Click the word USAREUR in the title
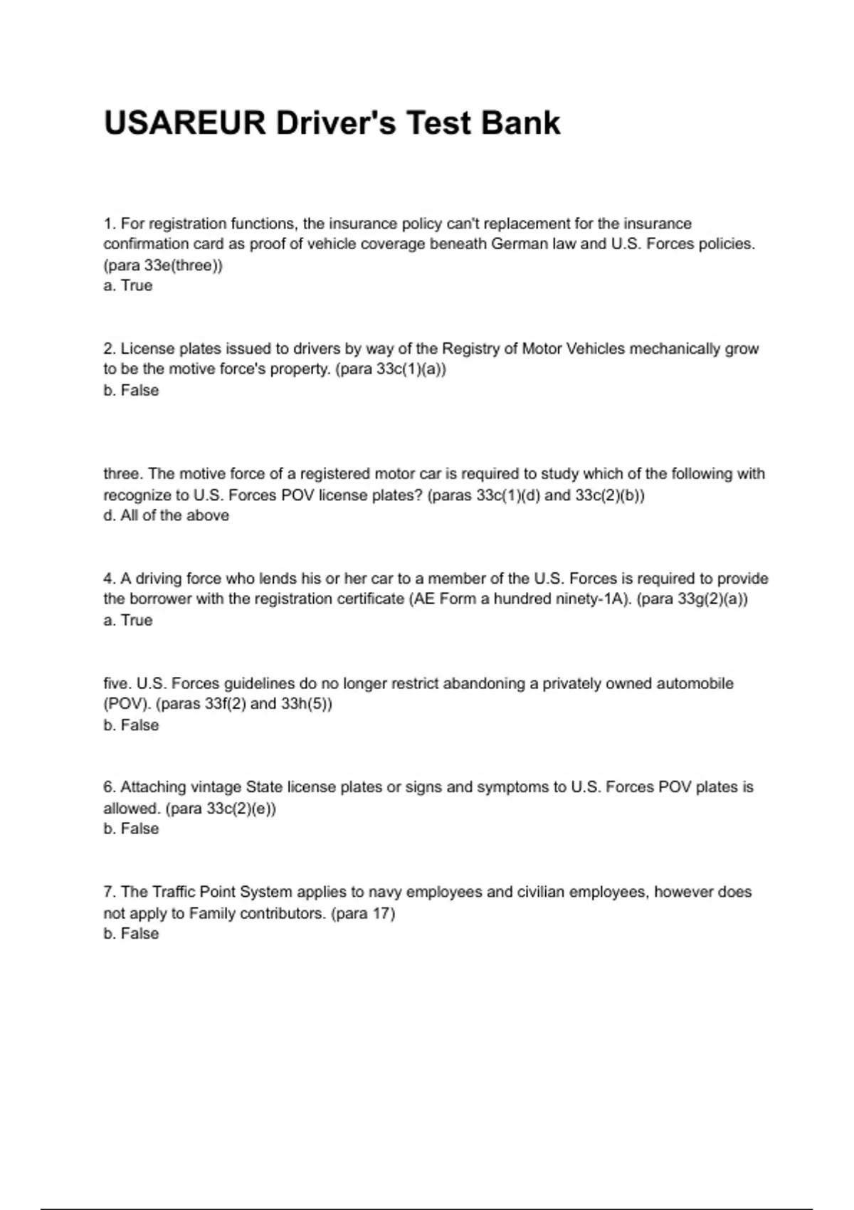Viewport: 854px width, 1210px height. (x=184, y=123)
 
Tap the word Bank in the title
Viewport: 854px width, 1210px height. (x=520, y=123)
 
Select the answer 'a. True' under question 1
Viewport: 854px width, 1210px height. (x=128, y=285)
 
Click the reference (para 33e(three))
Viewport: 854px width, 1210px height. (x=163, y=265)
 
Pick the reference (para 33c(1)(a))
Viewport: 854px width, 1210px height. (x=391, y=369)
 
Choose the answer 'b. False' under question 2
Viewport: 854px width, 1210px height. (x=131, y=390)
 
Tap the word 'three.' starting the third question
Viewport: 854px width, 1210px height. (x=123, y=474)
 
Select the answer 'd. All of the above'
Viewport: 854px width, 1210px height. (x=167, y=515)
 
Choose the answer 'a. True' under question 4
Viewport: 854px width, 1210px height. (x=128, y=620)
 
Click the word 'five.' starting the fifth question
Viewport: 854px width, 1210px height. (x=117, y=683)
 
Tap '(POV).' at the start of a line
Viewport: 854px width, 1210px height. (x=127, y=704)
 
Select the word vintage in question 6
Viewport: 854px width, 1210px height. (x=216, y=787)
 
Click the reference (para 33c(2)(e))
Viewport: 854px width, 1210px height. (x=221, y=809)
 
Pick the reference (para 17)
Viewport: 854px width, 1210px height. (x=363, y=913)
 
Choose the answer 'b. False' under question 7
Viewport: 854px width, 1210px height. (x=131, y=934)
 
